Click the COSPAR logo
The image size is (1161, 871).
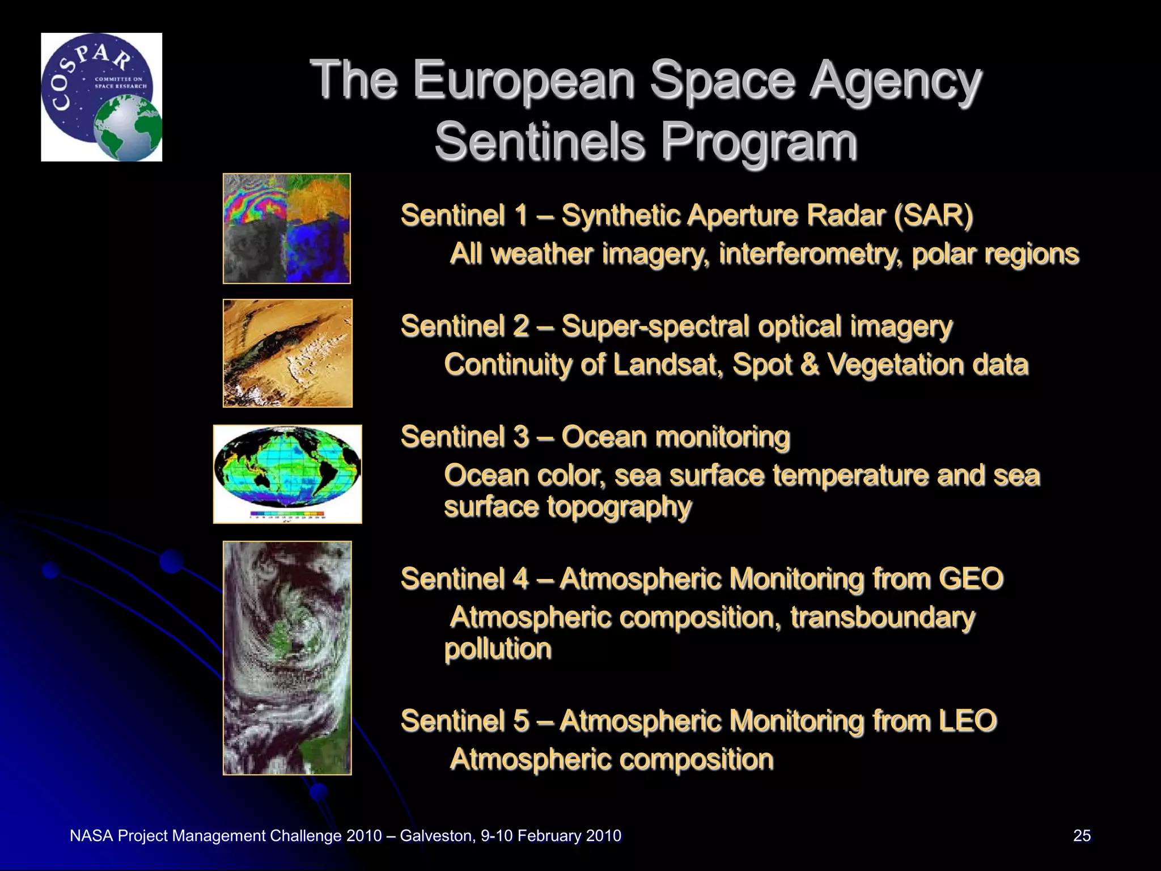click(x=101, y=96)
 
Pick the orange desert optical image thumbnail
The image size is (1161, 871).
click(x=287, y=353)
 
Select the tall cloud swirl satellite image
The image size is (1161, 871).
click(x=287, y=658)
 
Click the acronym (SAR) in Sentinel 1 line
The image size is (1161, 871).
click(x=933, y=215)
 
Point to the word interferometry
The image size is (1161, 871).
click(x=811, y=254)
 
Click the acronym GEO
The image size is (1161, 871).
click(x=971, y=579)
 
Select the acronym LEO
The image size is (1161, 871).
click(x=968, y=721)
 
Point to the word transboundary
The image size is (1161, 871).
click(x=883, y=618)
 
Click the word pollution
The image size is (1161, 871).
click(x=498, y=649)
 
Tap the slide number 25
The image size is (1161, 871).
click(x=1082, y=836)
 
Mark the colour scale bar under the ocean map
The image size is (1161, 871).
click(x=287, y=515)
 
